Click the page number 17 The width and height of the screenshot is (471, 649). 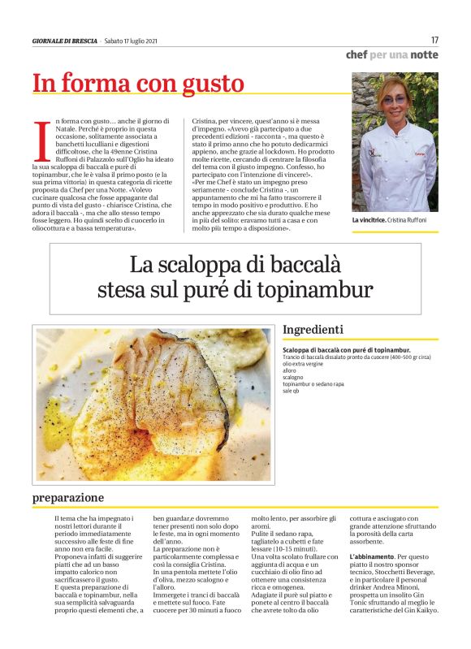coord(434,40)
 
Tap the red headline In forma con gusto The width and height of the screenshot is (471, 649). coord(138,83)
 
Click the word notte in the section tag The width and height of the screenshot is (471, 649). coord(423,55)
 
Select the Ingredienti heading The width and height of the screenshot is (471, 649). coord(313,330)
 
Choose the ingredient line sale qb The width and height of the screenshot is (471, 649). coord(292,392)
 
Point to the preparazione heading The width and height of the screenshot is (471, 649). coord(68,497)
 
